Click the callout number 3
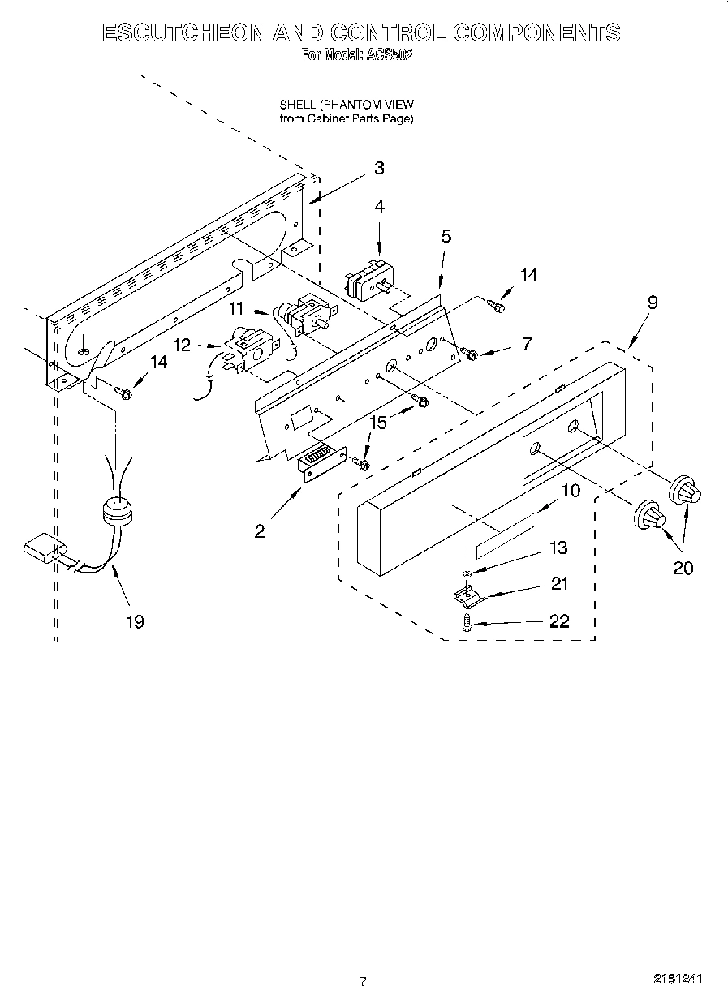[x=379, y=169]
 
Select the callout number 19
[x=135, y=621]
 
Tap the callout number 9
[x=652, y=303]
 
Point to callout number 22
[x=559, y=622]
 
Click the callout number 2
[x=259, y=531]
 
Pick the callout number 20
[x=683, y=568]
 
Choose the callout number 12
[x=182, y=345]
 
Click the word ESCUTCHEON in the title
[x=183, y=32]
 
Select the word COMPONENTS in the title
[x=536, y=32]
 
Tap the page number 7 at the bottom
[x=363, y=981]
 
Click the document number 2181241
[x=678, y=979]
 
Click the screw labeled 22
[x=467, y=623]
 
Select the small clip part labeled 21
[x=467, y=596]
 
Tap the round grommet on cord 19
[x=118, y=513]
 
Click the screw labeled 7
[x=469, y=353]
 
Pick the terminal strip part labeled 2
[x=322, y=466]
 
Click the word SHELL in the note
[x=297, y=105]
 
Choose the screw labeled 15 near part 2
[x=363, y=463]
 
